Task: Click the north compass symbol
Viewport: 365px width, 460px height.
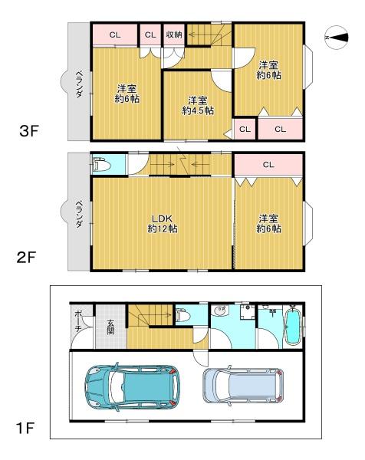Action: [337, 38]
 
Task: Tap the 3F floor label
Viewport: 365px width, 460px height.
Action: [29, 131]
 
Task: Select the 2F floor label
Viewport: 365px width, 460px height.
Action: [26, 258]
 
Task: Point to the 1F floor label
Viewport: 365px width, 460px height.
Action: [25, 429]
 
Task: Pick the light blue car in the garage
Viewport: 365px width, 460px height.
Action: [243, 385]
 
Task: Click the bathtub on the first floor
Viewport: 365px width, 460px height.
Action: [293, 326]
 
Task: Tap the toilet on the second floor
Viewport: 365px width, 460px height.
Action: [101, 166]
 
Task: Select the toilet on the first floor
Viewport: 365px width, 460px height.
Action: [183, 316]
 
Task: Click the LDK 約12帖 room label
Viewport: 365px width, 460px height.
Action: [162, 224]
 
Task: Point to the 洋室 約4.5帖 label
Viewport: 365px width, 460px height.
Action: [198, 106]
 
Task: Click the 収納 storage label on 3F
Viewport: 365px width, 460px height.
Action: [174, 34]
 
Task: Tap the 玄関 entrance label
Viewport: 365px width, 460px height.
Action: [110, 327]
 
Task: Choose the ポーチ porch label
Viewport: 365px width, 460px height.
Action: [78, 321]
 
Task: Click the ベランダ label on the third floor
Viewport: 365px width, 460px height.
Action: [79, 84]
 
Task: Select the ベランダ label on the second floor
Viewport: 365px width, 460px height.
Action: [79, 214]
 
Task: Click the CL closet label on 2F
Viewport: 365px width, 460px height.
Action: [268, 165]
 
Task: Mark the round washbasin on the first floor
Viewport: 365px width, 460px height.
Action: [219, 310]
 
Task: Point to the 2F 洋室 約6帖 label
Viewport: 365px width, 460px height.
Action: [268, 224]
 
